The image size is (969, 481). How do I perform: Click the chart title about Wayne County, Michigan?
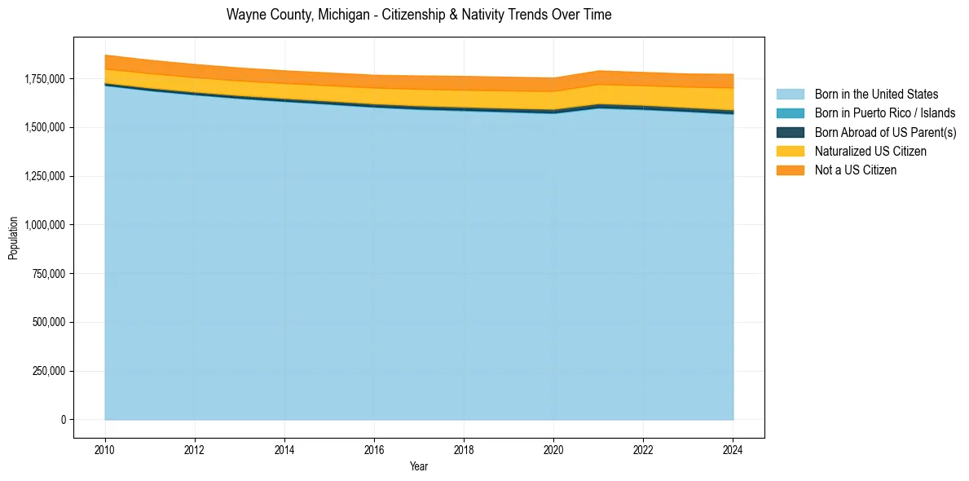[x=419, y=15]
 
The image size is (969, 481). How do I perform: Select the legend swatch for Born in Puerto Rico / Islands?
[x=790, y=113]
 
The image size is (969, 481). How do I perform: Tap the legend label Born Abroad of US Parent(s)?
[x=885, y=132]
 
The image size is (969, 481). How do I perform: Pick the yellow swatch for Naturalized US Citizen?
[x=790, y=151]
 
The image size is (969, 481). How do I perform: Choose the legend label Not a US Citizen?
[x=855, y=170]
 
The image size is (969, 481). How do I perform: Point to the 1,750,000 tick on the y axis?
[x=46, y=79]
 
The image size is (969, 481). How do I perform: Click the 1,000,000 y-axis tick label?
[x=46, y=225]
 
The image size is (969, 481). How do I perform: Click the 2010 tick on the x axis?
[x=105, y=449]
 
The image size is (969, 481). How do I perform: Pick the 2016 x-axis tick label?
[x=374, y=449]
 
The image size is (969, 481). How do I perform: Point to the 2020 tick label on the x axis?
[x=553, y=449]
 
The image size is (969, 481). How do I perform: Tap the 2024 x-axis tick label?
[x=733, y=449]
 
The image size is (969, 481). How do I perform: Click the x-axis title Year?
[x=419, y=466]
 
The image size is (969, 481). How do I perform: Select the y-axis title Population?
[x=13, y=238]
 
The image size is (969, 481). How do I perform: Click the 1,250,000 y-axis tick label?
[x=46, y=176]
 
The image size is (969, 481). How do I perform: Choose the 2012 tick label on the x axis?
[x=195, y=449]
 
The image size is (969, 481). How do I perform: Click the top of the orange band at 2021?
[x=598, y=71]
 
